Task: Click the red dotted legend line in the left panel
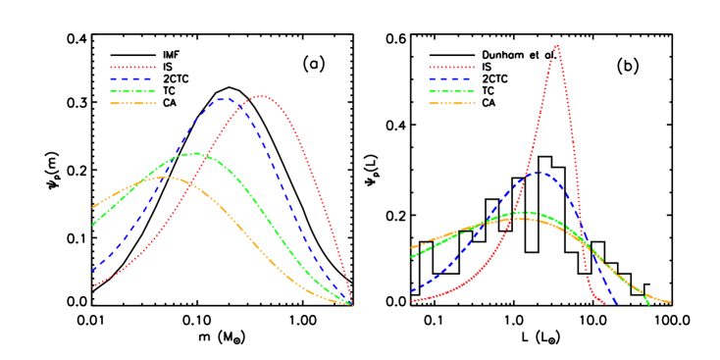click(132, 68)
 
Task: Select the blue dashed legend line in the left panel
click(132, 78)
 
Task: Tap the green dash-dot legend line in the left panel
click(132, 90)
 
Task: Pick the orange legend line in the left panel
click(132, 102)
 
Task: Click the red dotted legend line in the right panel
click(451, 68)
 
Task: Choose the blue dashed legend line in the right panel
click(451, 78)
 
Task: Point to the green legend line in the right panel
click(451, 90)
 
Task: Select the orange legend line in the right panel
click(451, 102)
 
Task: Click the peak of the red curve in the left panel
click(262, 96)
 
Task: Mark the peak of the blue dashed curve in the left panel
click(223, 98)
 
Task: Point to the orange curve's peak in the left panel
click(165, 178)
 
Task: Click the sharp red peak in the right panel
click(557, 45)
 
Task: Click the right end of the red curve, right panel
click(603, 303)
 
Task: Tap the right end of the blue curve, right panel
click(616, 302)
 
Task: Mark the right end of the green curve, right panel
click(649, 304)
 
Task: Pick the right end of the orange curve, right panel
click(671, 302)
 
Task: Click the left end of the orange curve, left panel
click(93, 208)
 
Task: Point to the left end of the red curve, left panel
click(92, 287)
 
